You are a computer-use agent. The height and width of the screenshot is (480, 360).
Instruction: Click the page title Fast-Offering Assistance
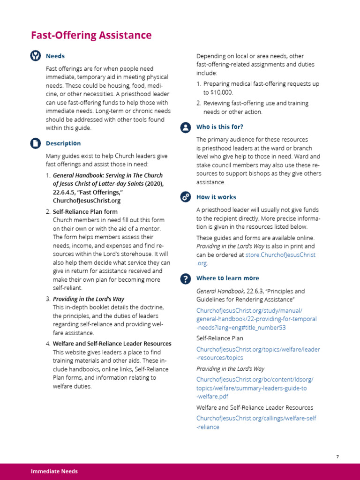coord(91,35)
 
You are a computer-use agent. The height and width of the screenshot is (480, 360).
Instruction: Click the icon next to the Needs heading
coord(36,56)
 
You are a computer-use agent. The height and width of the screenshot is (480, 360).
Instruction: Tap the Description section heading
coord(63,143)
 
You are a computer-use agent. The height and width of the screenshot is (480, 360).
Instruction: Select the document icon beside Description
coord(36,143)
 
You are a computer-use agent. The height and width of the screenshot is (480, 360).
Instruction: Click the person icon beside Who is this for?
coord(186,127)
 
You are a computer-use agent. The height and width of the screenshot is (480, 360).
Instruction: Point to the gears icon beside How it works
coord(186,197)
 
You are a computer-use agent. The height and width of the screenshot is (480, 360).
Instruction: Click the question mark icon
coord(186,278)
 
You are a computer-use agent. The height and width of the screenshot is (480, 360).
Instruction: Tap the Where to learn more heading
coord(227,278)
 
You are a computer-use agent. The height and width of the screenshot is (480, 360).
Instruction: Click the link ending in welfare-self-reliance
coord(256,422)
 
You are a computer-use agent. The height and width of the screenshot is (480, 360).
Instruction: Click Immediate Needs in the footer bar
coord(54,471)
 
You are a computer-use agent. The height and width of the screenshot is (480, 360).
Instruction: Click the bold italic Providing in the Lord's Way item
coord(89,299)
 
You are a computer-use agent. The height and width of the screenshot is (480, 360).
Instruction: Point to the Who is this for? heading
coord(219,127)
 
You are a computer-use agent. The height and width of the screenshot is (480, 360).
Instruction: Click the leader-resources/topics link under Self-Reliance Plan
coord(258,353)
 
